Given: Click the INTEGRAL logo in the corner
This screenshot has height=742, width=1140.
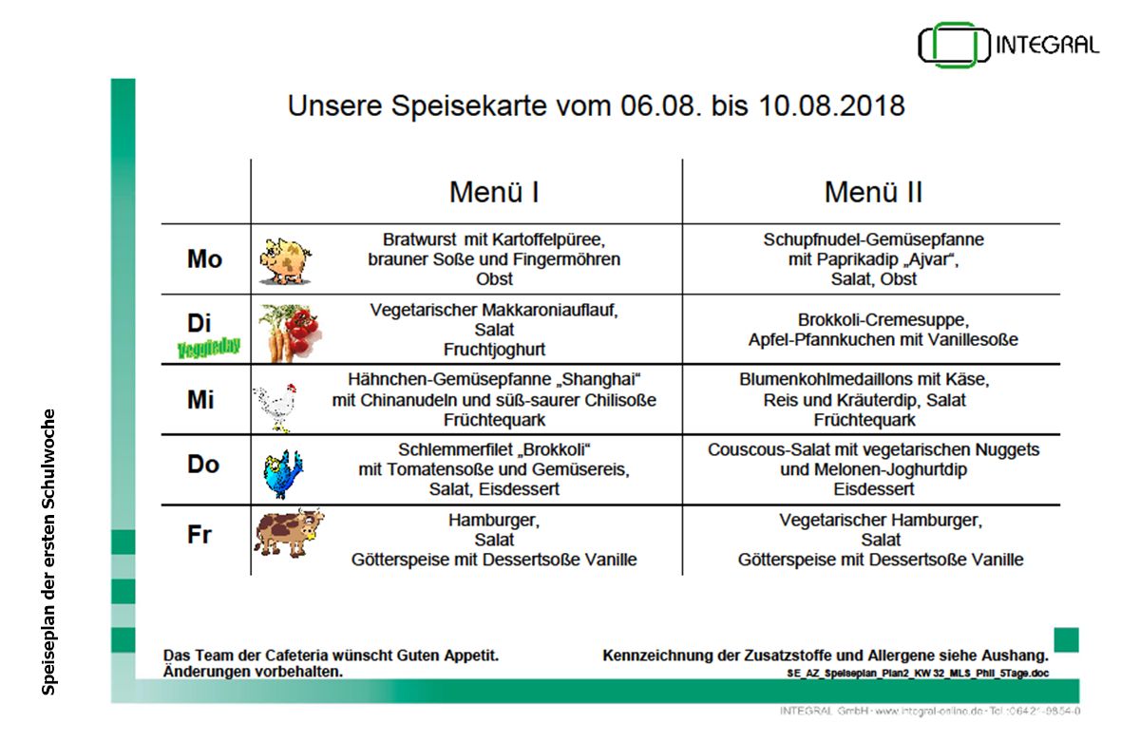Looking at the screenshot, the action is [1008, 45].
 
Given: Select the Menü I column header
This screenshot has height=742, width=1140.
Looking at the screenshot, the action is [494, 192].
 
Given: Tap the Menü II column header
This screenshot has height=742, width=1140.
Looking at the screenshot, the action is [873, 192].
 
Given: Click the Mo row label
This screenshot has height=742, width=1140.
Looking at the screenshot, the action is [204, 259].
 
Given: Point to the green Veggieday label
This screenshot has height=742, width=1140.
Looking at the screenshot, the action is [209, 348].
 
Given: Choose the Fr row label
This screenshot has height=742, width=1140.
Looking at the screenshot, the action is [199, 534].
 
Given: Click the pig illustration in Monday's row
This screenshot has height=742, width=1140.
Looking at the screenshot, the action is [285, 260].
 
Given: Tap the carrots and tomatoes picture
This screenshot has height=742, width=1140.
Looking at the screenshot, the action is [290, 333].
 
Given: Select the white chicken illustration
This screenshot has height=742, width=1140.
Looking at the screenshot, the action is [275, 408].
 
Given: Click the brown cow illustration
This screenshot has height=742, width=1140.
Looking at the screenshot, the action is [289, 532].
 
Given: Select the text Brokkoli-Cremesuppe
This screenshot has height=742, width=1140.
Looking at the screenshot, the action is [883, 319].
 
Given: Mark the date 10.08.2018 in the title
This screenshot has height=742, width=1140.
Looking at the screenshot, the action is [831, 105].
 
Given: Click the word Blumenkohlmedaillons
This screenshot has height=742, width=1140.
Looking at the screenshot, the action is [826, 379].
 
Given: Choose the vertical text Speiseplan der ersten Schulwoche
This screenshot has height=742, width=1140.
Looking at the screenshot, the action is [48, 552].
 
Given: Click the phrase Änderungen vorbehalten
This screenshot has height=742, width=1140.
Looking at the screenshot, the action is [253, 672].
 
